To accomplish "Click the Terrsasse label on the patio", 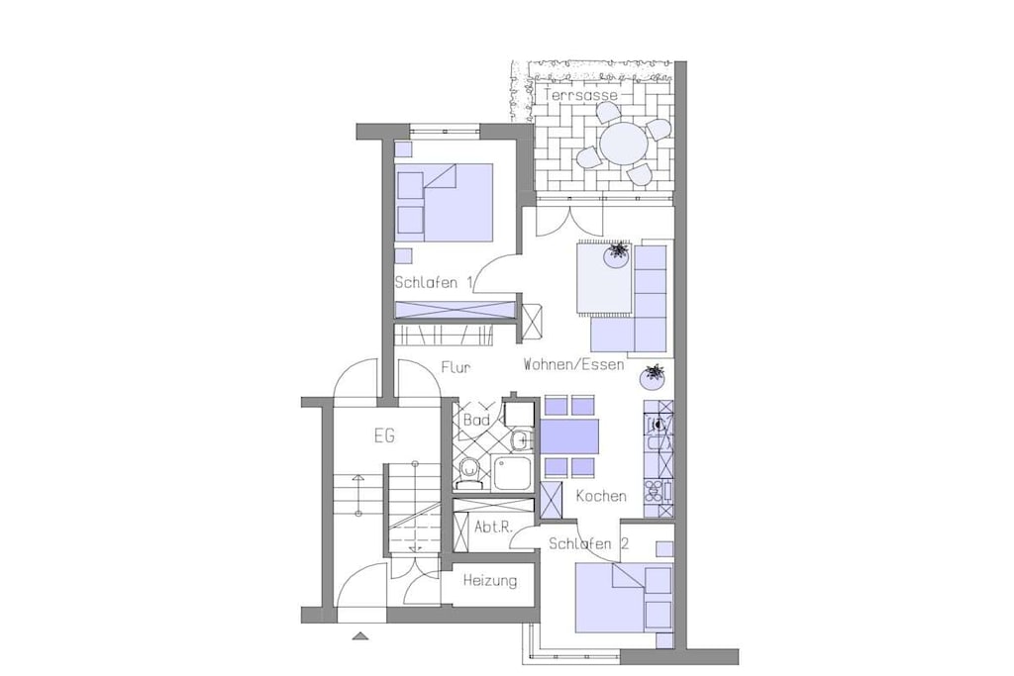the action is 580,95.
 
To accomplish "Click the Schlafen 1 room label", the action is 434,282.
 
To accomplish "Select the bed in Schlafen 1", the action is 445,202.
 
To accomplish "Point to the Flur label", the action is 456,367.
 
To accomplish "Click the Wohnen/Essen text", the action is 573,364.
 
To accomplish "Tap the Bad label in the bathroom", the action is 476,420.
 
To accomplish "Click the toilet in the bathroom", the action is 467,473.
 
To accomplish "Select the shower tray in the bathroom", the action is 512,472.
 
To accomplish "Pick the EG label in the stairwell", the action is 384,436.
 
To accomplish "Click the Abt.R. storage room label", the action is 493,527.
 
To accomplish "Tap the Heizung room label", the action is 489,580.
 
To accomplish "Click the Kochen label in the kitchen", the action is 601,496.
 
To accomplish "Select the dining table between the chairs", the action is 569,436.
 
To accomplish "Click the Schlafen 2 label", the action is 588,543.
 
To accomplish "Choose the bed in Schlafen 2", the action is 624,598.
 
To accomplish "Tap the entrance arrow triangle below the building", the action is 360,636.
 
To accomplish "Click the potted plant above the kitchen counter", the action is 653,376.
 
